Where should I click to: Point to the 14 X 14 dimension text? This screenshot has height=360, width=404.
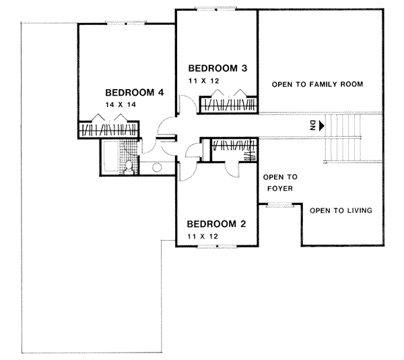(x=119, y=106)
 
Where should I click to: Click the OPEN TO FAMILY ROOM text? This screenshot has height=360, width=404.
(x=317, y=85)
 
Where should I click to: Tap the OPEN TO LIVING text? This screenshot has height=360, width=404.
(x=341, y=210)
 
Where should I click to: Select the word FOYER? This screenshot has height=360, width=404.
(x=277, y=189)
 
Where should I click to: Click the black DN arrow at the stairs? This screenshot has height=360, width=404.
(x=324, y=125)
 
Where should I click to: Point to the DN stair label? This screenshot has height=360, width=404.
(x=313, y=125)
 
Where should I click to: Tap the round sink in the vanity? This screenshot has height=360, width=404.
(x=156, y=167)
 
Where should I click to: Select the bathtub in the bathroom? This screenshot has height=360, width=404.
(x=111, y=157)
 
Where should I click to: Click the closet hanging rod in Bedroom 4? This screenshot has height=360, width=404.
(x=108, y=129)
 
